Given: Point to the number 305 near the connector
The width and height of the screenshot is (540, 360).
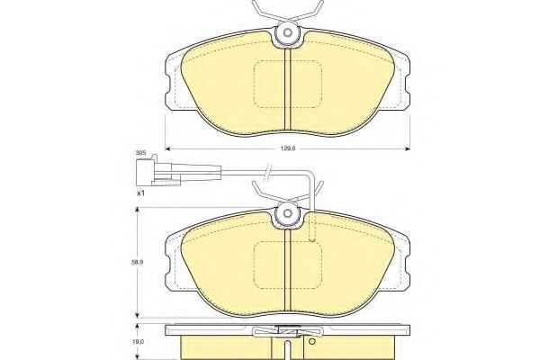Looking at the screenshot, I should [x=140, y=154].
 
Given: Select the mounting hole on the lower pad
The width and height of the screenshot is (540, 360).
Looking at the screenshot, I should [x=287, y=214].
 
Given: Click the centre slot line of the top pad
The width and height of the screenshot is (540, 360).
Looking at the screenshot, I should [x=287, y=90].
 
